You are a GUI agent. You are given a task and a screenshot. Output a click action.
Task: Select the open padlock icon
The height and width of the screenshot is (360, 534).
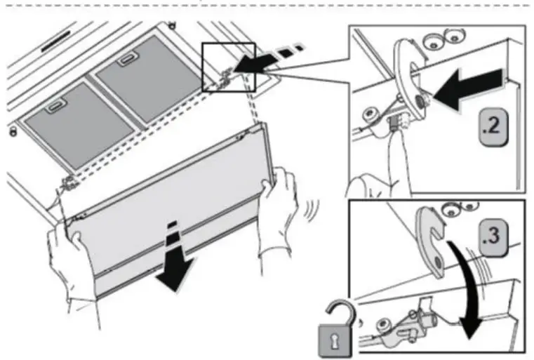(338, 326)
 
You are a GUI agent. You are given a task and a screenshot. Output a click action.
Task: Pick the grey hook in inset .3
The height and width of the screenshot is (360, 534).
(432, 239)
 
